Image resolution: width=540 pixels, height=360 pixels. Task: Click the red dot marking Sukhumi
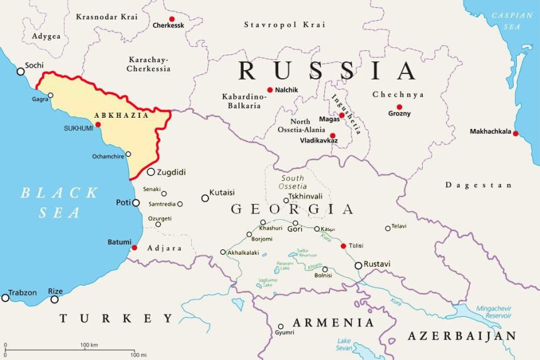click(x=98, y=125)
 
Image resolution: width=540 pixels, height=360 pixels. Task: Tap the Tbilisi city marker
click(x=343, y=245)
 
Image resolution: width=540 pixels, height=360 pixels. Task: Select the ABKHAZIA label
click(x=122, y=115)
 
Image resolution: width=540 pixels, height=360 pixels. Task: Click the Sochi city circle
click(x=21, y=71)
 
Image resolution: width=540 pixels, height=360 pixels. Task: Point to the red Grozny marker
click(x=399, y=106)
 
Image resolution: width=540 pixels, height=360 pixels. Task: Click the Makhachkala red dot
click(x=516, y=133)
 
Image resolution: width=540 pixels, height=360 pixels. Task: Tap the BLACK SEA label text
click(x=59, y=202)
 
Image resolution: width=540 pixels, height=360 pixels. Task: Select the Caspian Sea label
click(x=512, y=21)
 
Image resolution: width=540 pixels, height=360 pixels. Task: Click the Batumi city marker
click(x=134, y=248)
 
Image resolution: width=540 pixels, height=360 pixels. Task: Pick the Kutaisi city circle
click(x=205, y=198)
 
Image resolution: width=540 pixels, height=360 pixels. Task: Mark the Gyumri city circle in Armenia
click(x=281, y=326)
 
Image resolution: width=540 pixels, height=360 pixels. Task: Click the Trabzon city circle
click(x=6, y=297)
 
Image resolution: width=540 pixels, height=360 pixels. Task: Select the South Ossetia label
click(x=293, y=182)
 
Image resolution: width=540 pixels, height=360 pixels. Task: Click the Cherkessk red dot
click(x=172, y=19)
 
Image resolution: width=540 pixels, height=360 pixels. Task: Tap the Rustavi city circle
click(x=358, y=265)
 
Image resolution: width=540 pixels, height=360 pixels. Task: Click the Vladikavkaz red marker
click(x=333, y=135)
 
